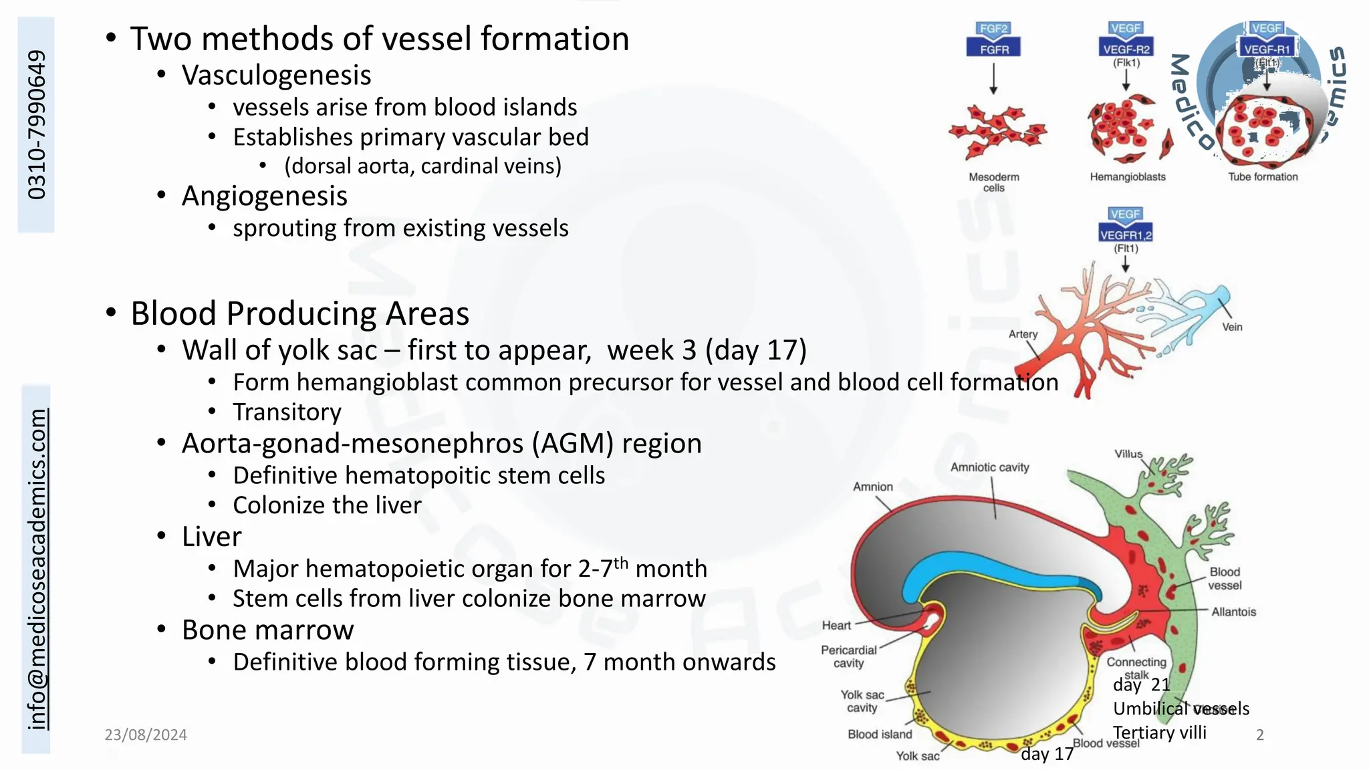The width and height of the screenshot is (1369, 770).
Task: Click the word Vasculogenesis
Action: click(x=276, y=75)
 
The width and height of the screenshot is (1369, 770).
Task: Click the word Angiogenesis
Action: click(x=264, y=196)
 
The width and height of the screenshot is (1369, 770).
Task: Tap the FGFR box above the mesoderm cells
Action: click(x=994, y=49)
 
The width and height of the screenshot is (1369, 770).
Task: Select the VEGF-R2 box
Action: click(x=1126, y=49)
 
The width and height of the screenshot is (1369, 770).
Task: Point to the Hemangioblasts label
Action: click(x=1128, y=177)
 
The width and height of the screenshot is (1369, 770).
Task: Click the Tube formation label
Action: click(x=1263, y=177)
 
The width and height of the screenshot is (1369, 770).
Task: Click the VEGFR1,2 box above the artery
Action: click(x=1126, y=235)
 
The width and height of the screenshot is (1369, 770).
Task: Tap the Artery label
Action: click(x=1023, y=334)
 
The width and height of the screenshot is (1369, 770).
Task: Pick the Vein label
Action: click(x=1232, y=327)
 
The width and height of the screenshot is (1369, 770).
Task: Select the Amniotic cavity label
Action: click(x=990, y=467)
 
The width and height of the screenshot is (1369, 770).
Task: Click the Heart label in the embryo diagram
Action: click(x=836, y=626)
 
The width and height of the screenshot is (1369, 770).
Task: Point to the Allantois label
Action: click(x=1233, y=612)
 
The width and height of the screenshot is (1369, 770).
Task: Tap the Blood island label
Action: click(x=880, y=735)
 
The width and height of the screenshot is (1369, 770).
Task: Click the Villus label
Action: click(x=1128, y=454)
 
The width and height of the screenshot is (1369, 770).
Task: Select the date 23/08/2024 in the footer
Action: click(x=146, y=735)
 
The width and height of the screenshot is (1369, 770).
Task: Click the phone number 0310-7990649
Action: click(x=37, y=124)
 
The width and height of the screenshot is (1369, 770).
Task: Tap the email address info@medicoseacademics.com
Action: click(x=37, y=569)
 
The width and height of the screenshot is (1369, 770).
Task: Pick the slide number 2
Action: click(x=1260, y=735)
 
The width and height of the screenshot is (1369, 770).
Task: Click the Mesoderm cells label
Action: click(x=994, y=182)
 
